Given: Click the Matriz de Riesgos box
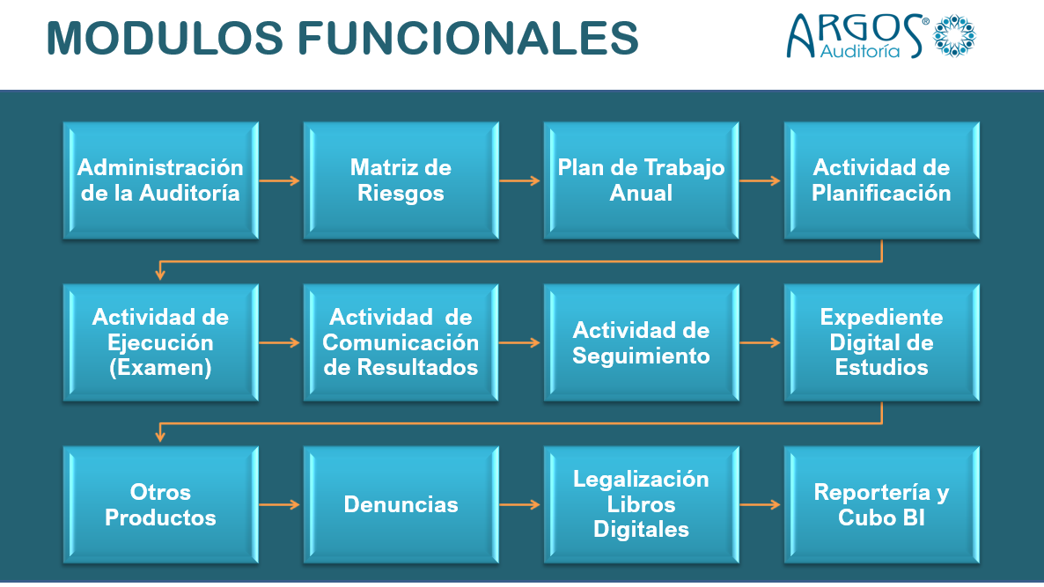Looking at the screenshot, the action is [401, 180].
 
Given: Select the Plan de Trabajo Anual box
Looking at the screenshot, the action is [641, 180].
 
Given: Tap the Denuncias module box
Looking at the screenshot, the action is [401, 504].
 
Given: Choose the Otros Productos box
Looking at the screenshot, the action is [160, 504].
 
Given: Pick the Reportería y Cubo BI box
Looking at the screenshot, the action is [881, 504].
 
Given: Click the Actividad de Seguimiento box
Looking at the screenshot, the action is [641, 342].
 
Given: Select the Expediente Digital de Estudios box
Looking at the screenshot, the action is [881, 342].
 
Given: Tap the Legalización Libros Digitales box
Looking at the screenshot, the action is [641, 504].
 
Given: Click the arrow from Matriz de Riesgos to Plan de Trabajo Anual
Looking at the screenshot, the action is [520, 180].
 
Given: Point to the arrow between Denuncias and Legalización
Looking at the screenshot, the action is [520, 505].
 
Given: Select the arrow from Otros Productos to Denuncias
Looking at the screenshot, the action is [280, 505].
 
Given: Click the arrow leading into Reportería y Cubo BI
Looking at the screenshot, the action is [761, 505].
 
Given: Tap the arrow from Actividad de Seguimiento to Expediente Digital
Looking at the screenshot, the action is [761, 342].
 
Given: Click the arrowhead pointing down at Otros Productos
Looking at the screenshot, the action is [160, 436].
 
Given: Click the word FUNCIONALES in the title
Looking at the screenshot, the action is [467, 38].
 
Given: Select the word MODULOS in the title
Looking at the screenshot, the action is [165, 38].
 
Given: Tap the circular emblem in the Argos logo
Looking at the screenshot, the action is [954, 35].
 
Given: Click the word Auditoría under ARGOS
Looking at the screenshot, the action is [859, 51].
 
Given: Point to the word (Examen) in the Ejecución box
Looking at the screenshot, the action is [160, 367].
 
